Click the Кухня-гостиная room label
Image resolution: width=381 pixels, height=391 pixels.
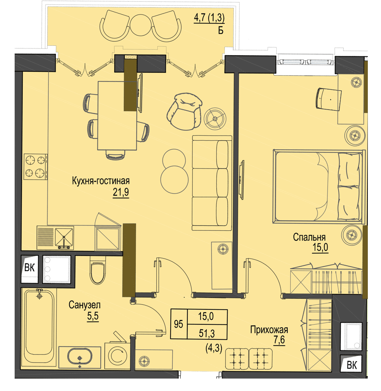tap(101, 181)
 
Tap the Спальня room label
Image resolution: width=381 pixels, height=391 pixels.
tap(309, 237)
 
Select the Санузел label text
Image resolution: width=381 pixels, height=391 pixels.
tap(85, 305)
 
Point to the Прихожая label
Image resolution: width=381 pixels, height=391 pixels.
tap(269, 329)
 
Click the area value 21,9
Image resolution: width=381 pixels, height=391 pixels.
tap(121, 192)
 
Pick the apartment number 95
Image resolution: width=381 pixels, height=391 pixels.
tap(179, 324)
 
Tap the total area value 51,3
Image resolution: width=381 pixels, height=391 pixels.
tap(207, 333)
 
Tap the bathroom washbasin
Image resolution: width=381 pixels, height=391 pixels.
tap(80, 357)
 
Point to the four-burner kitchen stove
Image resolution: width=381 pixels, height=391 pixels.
tap(36, 166)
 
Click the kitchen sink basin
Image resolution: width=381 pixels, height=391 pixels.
tap(64, 237)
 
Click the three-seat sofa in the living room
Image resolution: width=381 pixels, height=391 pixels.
tap(212, 183)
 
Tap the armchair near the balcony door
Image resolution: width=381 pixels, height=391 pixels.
tap(184, 111)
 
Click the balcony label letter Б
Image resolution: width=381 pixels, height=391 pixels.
tap(221, 30)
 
